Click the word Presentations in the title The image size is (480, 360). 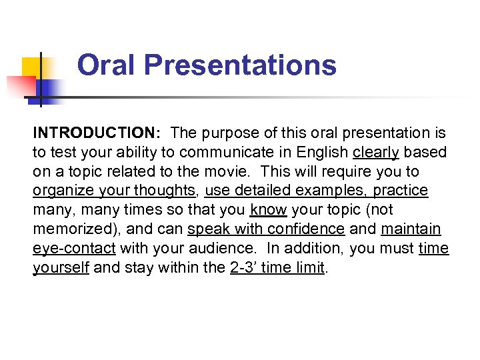[240, 65]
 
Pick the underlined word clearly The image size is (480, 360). [376, 153]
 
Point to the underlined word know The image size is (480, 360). [268, 210]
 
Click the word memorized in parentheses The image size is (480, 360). [73, 229]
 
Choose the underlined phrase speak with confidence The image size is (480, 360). [266, 229]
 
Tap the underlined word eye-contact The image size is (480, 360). [73, 249]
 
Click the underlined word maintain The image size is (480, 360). [411, 229]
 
